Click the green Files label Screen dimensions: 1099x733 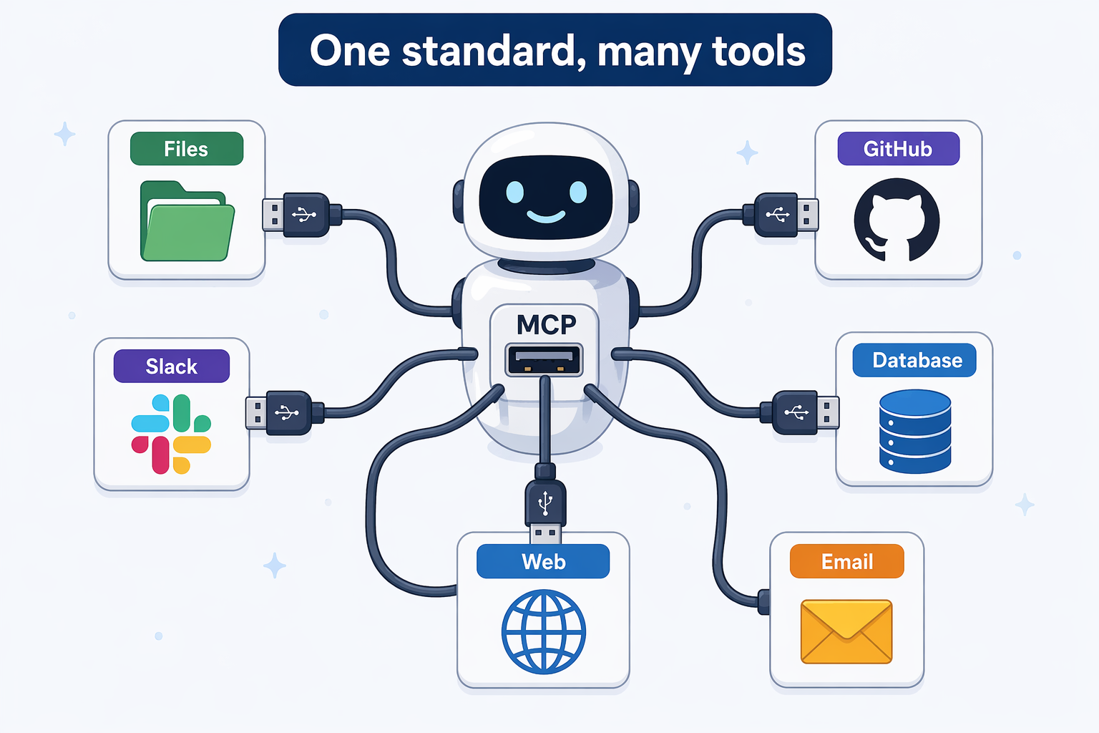click(187, 149)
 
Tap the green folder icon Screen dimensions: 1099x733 click(187, 221)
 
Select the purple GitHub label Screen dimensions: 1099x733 click(899, 149)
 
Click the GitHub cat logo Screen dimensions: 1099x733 click(897, 220)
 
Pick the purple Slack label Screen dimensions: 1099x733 click(172, 366)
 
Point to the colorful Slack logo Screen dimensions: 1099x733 click(171, 434)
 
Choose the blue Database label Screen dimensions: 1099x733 click(914, 360)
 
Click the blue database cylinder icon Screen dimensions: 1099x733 click(915, 432)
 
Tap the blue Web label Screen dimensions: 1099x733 click(543, 561)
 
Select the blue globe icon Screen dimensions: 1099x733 click(544, 631)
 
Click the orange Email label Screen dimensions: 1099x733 click(847, 561)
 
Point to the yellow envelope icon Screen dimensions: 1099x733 click(846, 631)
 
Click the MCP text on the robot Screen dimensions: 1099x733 click(546, 324)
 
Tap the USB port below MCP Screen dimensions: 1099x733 click(544, 359)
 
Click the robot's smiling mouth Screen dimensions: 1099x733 click(546, 216)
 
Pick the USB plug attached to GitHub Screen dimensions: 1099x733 click(781, 215)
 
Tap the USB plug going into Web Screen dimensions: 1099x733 click(545, 505)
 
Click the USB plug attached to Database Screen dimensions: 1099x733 click(799, 412)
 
